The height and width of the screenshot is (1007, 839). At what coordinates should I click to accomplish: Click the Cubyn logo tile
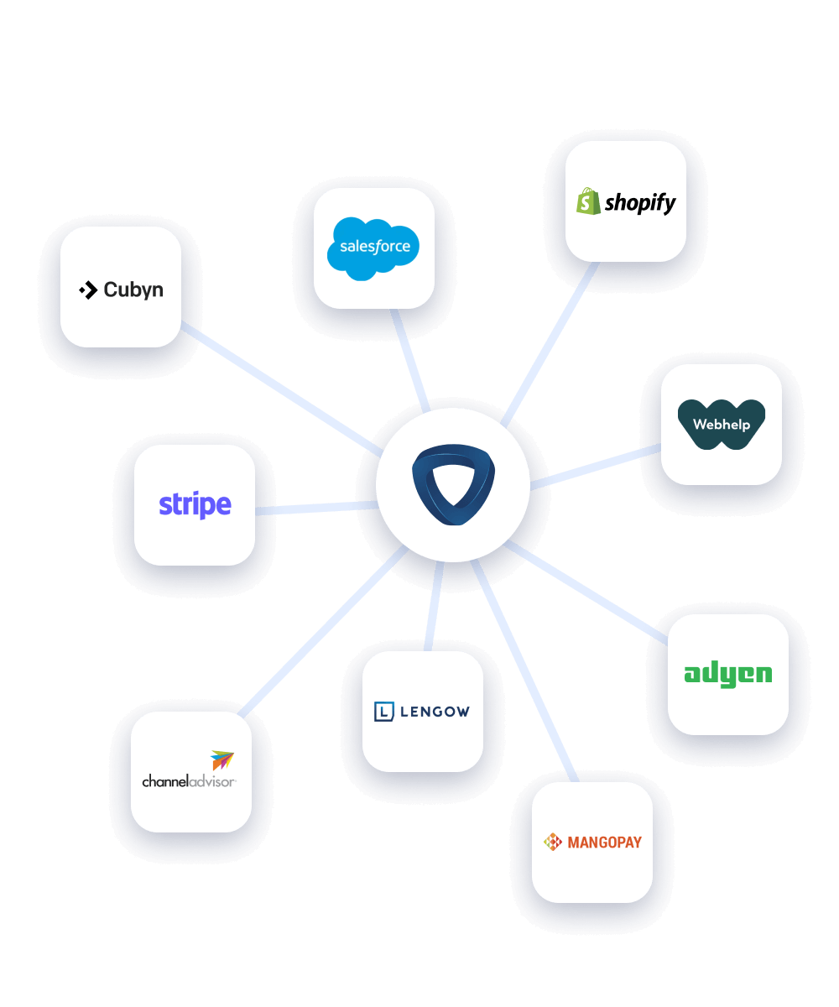(121, 287)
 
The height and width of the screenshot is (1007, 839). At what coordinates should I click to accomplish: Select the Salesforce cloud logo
(374, 247)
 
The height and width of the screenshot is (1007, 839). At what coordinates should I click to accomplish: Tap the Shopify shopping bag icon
(588, 201)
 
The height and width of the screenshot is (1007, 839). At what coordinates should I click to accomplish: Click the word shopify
(640, 203)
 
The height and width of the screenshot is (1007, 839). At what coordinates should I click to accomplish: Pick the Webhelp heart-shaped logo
(722, 425)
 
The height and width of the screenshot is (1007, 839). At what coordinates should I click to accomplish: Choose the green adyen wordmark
(727, 674)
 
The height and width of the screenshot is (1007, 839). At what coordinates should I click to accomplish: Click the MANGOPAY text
(604, 842)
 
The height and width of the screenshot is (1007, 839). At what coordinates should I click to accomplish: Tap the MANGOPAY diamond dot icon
(552, 842)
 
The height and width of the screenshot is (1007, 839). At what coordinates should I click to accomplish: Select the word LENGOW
(434, 712)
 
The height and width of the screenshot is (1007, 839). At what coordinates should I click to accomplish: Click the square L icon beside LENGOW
(383, 712)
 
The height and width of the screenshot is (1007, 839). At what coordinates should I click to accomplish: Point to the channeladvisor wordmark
(189, 781)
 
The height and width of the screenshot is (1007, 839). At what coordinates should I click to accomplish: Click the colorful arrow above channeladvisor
(222, 760)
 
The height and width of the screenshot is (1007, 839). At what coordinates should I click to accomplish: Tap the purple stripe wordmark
(195, 505)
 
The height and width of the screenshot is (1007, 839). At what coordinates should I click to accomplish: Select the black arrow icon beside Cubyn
(88, 290)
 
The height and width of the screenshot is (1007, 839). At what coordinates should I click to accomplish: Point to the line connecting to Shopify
(550, 344)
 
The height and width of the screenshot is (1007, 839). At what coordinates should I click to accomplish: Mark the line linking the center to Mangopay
(524, 671)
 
